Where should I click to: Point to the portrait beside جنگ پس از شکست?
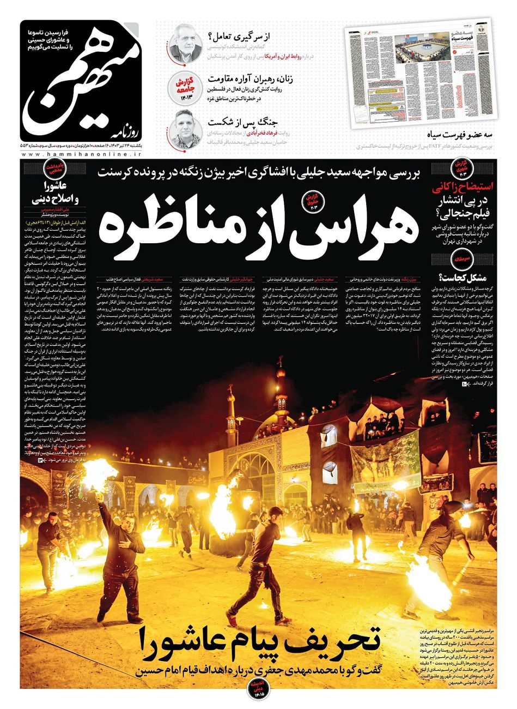tap(186, 127)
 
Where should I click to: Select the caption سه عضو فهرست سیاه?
tap(460, 134)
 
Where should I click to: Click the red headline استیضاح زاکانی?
tap(463, 189)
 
